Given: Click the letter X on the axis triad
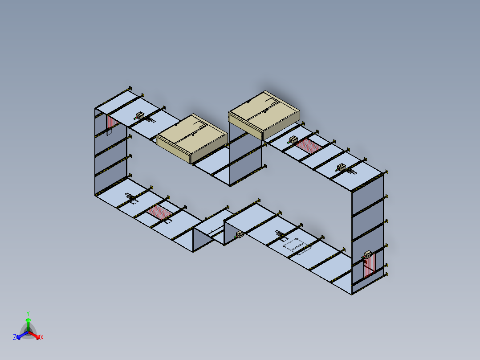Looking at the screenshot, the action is (x=42, y=337).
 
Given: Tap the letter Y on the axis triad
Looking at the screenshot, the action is (x=28, y=313).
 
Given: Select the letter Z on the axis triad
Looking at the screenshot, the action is (x=15, y=337).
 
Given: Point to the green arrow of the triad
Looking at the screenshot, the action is (x=28, y=324).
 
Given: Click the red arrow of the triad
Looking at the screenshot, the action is (x=34, y=335).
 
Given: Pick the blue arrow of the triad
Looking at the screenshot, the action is (x=22, y=335).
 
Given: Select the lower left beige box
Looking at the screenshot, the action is (x=192, y=138).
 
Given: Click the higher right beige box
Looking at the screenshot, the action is (x=264, y=115).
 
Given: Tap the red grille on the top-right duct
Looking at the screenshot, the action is (x=308, y=146).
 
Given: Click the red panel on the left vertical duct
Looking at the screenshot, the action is (x=112, y=123).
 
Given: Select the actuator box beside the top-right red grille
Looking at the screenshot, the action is (x=293, y=140).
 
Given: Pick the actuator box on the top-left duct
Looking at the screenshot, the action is (x=140, y=116).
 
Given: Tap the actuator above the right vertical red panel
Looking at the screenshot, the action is (x=367, y=254).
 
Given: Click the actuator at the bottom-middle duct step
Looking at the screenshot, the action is (x=240, y=235).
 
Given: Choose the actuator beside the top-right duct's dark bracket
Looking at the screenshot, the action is (x=341, y=168).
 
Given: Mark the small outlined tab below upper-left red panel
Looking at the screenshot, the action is (x=109, y=132).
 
